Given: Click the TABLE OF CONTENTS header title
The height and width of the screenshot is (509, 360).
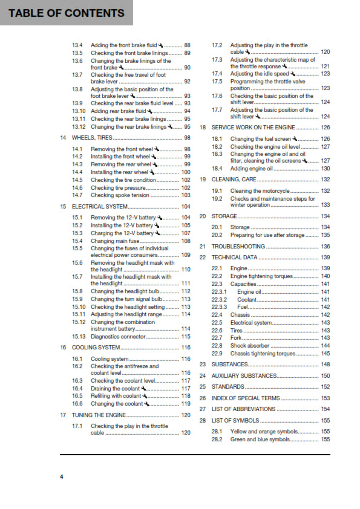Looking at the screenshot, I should pyautogui.click(x=67, y=13).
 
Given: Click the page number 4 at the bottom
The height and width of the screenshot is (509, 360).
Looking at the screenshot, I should pyautogui.click(x=61, y=477).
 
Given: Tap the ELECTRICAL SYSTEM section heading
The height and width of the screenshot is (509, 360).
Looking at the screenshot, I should pyautogui.click(x=100, y=206).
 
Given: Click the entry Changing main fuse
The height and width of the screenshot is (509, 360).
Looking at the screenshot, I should pyautogui.click(x=114, y=241).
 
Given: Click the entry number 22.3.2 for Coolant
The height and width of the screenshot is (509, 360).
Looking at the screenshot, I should pyautogui.click(x=219, y=299).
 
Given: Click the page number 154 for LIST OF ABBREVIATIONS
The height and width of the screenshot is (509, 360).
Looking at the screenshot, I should pyautogui.click(x=325, y=409).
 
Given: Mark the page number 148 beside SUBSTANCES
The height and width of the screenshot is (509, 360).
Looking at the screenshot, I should pyautogui.click(x=325, y=365).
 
